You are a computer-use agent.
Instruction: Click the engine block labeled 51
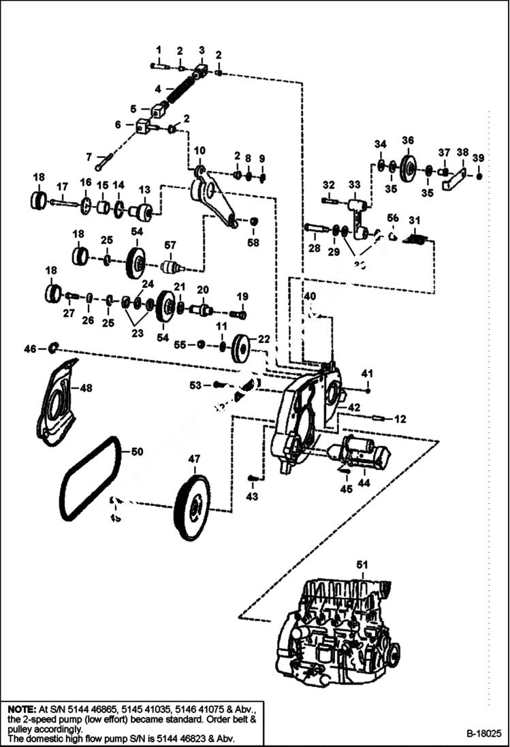click(334, 626)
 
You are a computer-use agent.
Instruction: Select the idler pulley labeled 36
click(409, 168)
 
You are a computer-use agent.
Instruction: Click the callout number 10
click(200, 150)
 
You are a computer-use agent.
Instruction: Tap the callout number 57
click(170, 244)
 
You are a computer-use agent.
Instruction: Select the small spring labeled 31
click(417, 240)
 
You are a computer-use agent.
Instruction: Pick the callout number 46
click(29, 349)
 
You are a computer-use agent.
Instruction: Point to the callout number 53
click(195, 385)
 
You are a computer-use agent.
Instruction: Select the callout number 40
click(310, 296)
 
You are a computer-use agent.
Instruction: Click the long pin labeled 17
click(65, 202)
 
